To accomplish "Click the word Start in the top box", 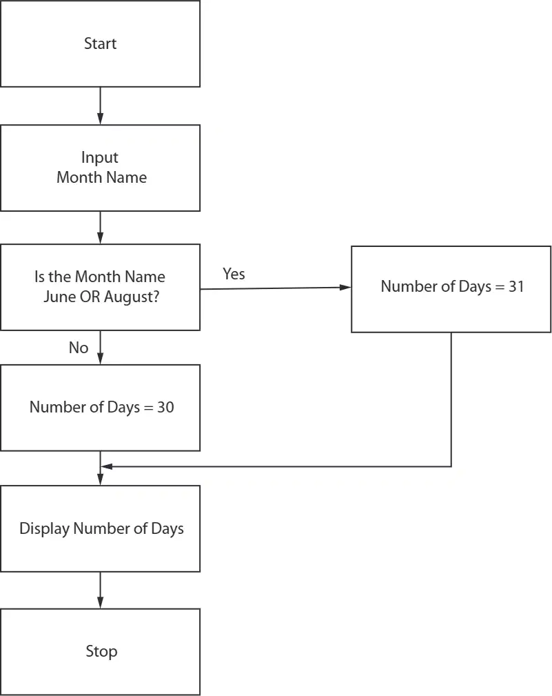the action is click(x=100, y=43).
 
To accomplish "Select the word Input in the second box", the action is click(x=100, y=157).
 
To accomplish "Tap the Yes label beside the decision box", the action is click(x=234, y=274).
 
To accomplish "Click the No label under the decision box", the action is click(x=79, y=348).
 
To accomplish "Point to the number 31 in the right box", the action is click(x=516, y=286).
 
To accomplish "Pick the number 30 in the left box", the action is click(x=165, y=407).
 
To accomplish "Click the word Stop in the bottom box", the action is click(x=101, y=651).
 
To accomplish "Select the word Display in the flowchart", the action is click(x=44, y=528).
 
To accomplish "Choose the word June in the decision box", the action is click(x=59, y=297).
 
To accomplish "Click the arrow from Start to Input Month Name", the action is click(x=100, y=106).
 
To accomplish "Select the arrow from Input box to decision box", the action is click(x=100, y=227).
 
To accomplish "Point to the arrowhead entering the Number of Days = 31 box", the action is click(x=345, y=288).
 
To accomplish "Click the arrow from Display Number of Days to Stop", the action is click(x=100, y=590).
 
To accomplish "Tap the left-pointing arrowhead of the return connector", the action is click(x=107, y=466).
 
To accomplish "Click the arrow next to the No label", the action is click(x=100, y=347).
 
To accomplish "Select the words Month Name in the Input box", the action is click(x=101, y=177).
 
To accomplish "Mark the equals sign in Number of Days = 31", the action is click(x=500, y=287).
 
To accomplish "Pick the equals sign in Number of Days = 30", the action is click(x=149, y=408).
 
